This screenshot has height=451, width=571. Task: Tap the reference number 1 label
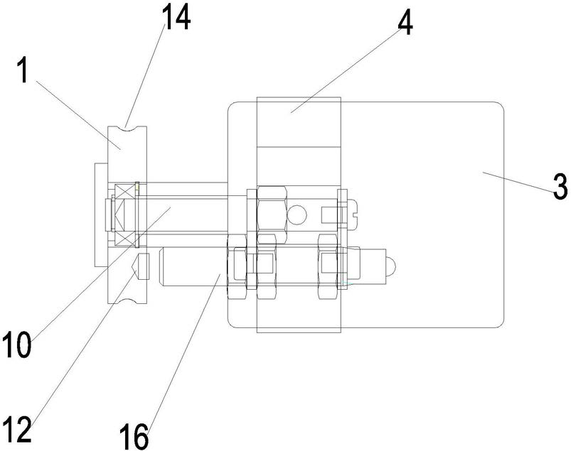[23, 71]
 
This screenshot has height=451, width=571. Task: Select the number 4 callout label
[405, 26]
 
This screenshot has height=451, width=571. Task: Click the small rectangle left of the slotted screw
[329, 211]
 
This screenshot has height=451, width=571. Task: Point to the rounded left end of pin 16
[166, 266]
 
